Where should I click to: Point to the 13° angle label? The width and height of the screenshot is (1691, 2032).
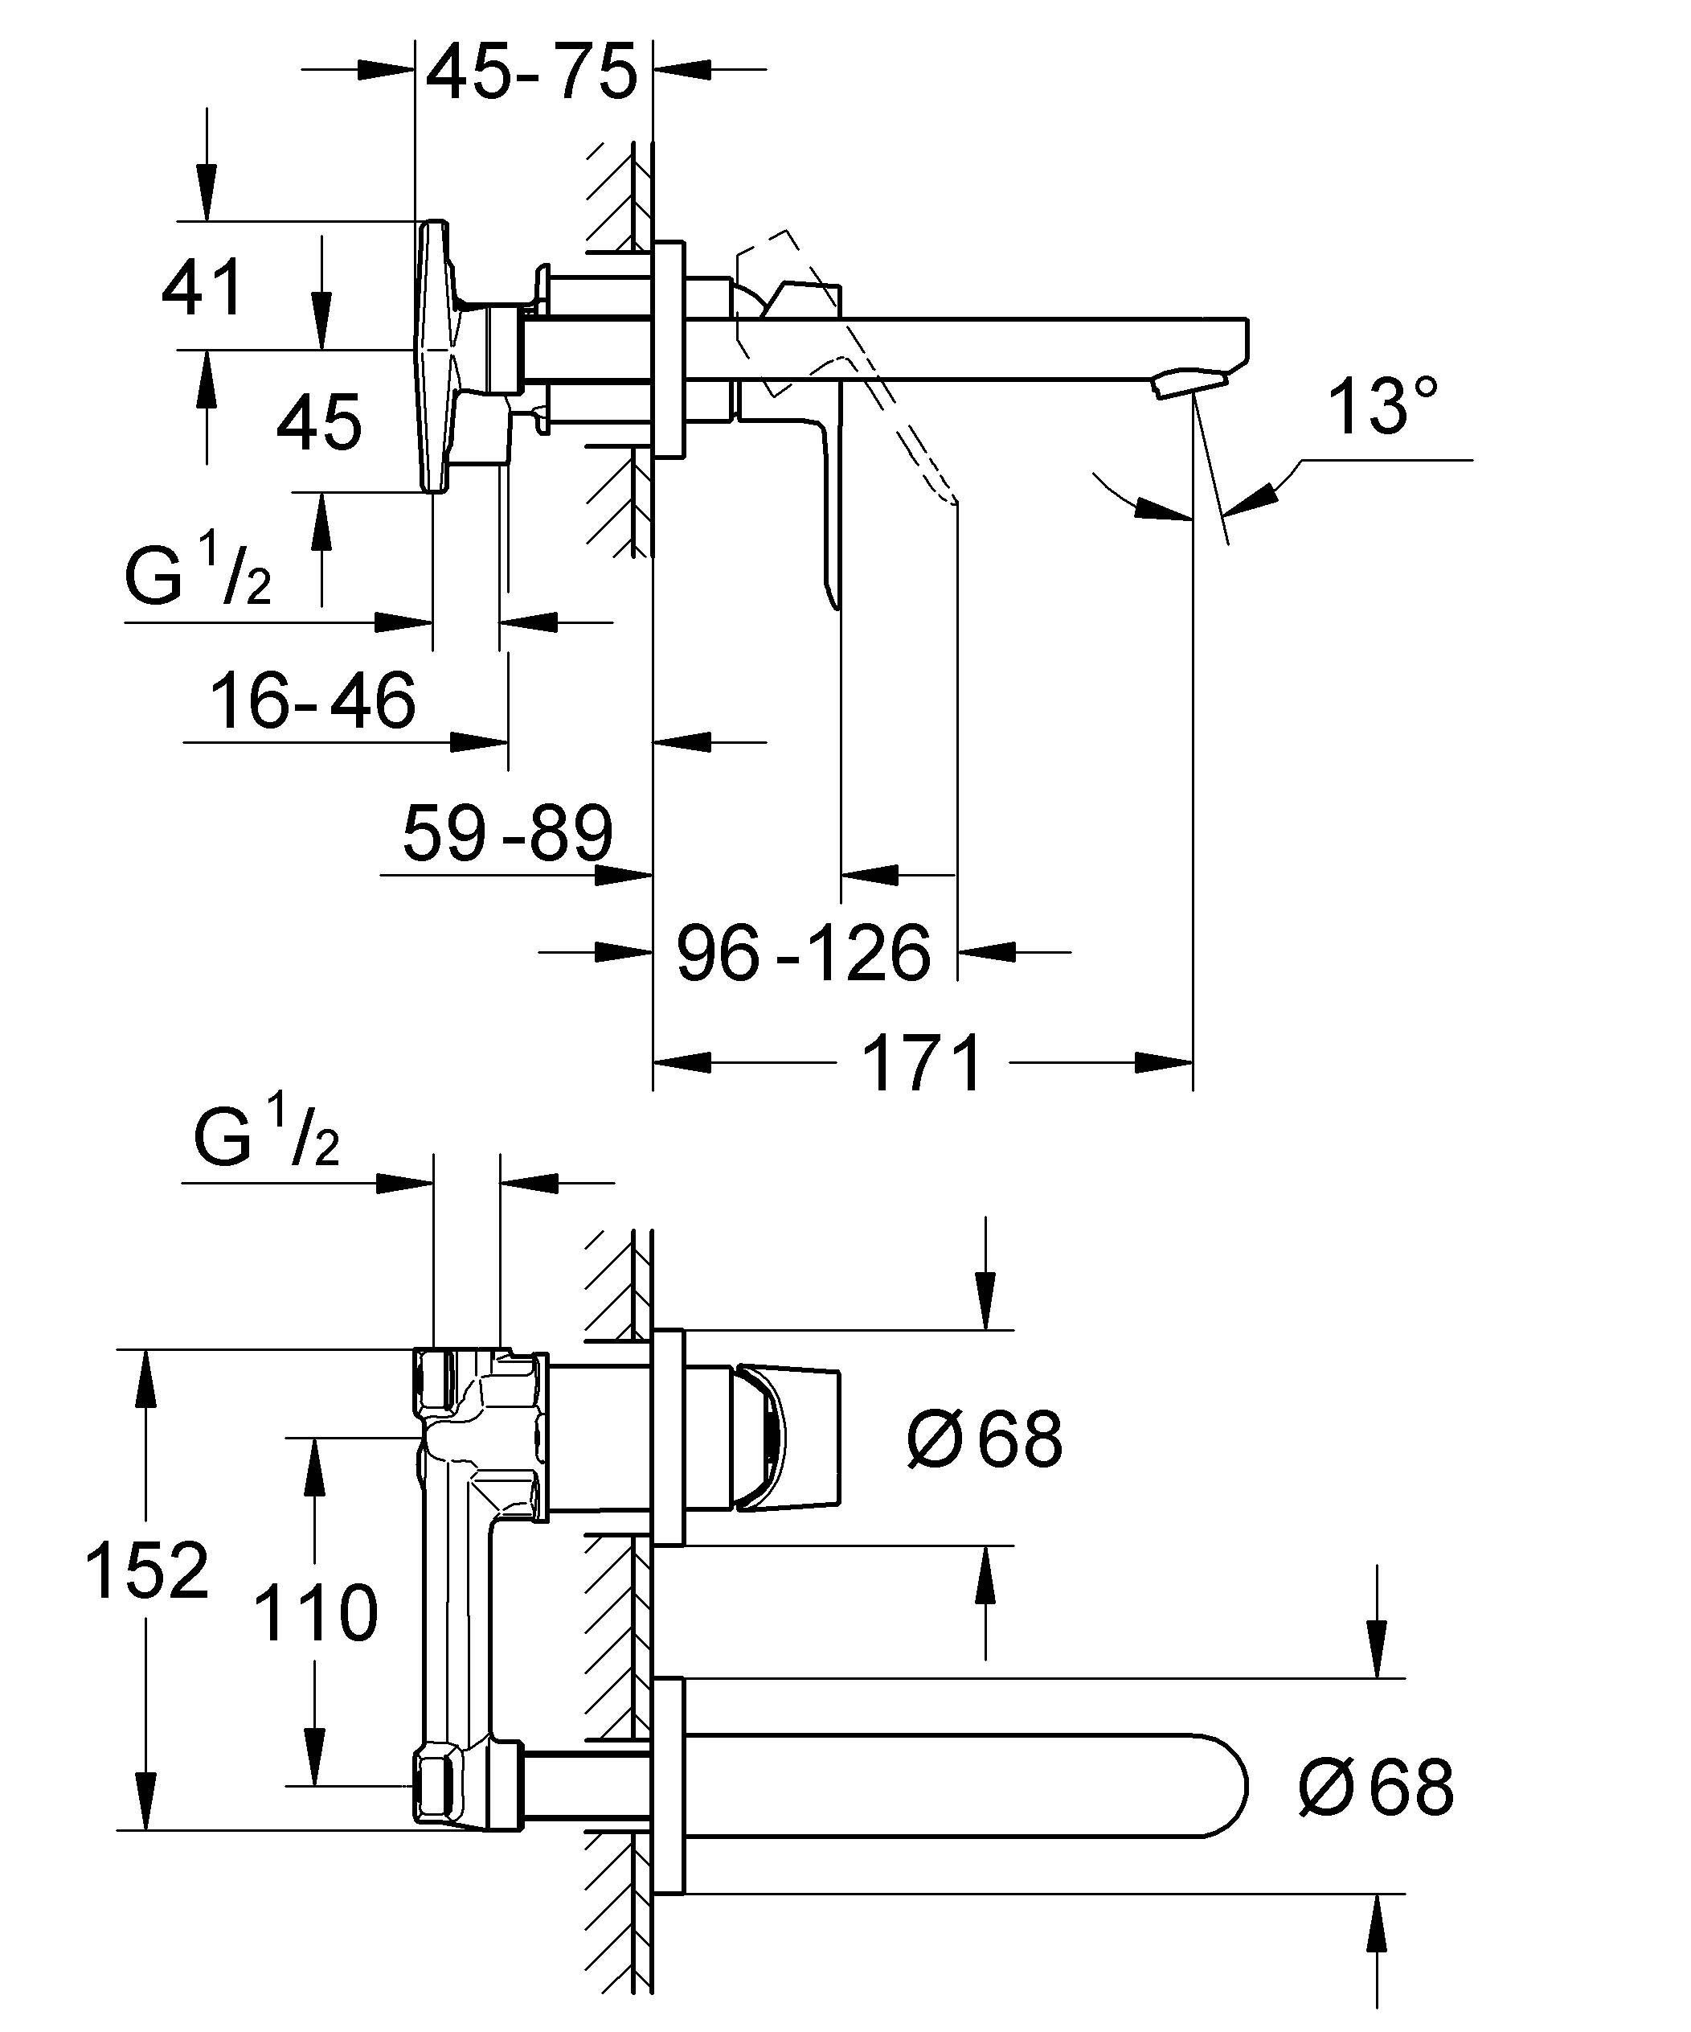click(x=1382, y=406)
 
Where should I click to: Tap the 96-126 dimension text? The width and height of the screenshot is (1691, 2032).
click(x=803, y=954)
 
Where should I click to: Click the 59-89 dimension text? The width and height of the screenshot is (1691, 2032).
click(x=508, y=833)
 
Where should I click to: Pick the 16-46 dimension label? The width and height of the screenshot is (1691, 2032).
click(x=313, y=701)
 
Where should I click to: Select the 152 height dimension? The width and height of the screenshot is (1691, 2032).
click(x=147, y=1570)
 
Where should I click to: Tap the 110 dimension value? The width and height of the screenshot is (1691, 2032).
click(x=315, y=1613)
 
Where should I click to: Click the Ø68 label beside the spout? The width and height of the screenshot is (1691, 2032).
click(x=1376, y=1788)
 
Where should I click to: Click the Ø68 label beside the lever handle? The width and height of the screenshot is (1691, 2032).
click(x=985, y=1439)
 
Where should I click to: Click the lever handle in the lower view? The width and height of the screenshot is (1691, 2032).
click(x=788, y=1439)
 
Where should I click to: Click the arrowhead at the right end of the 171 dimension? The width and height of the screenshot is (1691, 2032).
click(x=1165, y=1063)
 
